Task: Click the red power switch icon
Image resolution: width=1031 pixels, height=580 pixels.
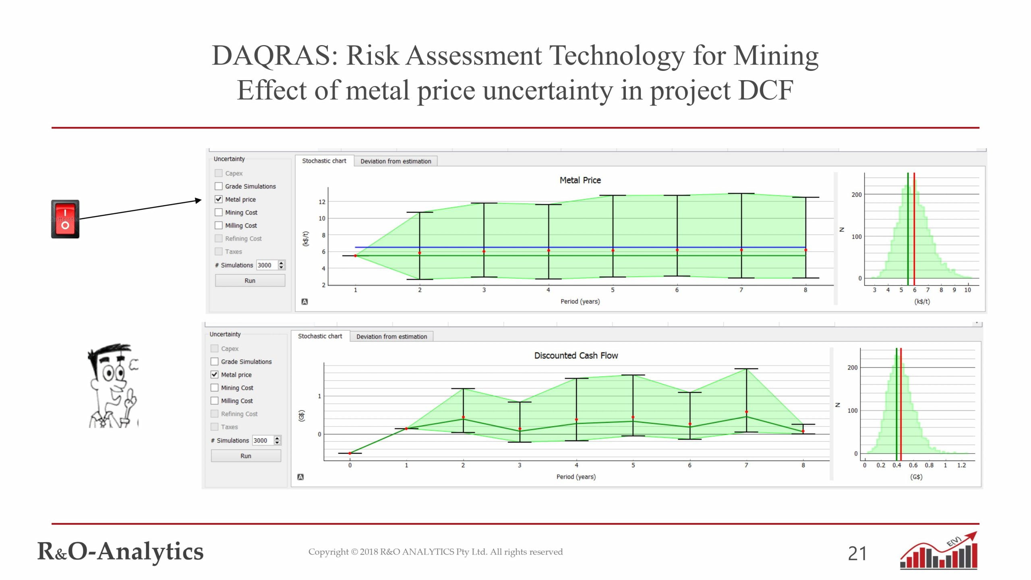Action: pos(65,219)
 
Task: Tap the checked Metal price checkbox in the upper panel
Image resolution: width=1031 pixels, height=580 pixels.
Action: pos(219,199)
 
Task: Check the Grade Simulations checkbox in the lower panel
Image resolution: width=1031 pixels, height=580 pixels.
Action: pos(215,362)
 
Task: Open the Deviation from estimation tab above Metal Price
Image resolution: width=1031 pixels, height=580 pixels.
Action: pos(395,161)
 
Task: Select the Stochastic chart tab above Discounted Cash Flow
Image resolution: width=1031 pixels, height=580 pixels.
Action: pos(320,336)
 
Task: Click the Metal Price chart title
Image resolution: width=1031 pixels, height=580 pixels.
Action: pos(580,180)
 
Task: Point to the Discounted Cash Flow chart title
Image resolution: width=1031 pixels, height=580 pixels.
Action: pos(576,356)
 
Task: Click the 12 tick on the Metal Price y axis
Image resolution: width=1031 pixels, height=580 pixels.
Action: pos(322,202)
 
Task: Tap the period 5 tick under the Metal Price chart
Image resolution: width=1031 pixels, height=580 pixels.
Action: pos(613,290)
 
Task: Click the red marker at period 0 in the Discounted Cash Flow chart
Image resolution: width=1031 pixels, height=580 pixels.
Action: pos(350,454)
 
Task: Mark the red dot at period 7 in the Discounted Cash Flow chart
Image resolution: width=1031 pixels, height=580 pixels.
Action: pos(746,412)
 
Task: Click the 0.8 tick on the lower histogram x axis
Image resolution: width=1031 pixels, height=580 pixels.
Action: pos(929,466)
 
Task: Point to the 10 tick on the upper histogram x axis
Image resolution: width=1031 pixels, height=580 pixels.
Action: pos(967,290)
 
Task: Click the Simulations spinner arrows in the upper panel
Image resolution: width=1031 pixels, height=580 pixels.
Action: pos(282,265)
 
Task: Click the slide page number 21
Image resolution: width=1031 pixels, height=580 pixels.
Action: pos(857,553)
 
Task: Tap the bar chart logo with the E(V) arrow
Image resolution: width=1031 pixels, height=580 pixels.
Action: pos(938,551)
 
